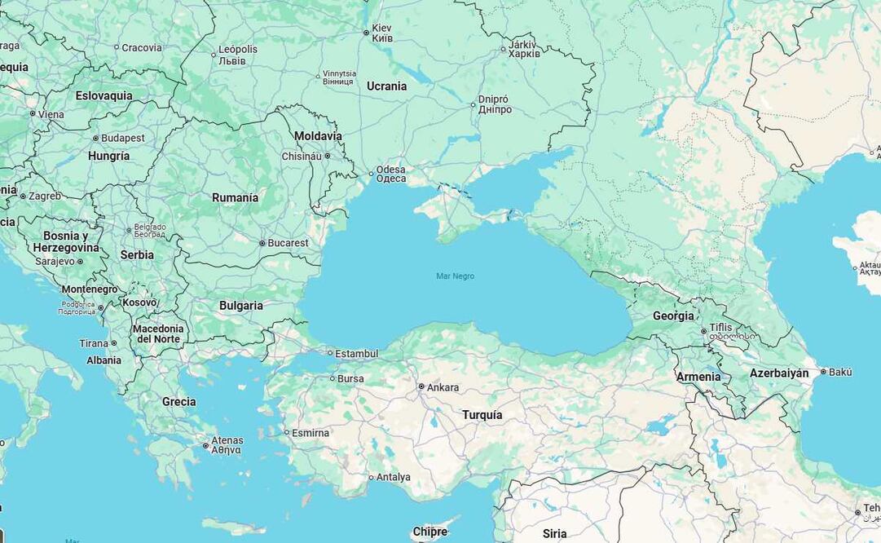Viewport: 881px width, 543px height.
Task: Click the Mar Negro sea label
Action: [455, 276]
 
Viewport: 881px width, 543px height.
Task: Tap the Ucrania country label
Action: [386, 86]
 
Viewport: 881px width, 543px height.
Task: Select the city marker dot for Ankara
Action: [421, 386]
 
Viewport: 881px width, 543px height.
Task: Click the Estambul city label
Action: [357, 353]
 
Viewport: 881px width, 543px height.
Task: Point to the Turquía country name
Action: [482, 415]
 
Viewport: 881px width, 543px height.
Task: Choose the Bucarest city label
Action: [289, 243]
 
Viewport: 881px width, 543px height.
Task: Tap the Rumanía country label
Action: [235, 197]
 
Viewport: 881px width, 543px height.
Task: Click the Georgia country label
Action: [673, 316]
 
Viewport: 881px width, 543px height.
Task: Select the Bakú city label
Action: [840, 372]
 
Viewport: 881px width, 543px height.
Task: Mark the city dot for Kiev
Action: [366, 33]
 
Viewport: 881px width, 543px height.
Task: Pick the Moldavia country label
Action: [318, 136]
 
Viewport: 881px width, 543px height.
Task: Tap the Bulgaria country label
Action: [240, 306]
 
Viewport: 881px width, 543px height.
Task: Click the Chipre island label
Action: [429, 532]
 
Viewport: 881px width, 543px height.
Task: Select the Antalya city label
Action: [394, 477]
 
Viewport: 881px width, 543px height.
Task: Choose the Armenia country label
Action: [698, 377]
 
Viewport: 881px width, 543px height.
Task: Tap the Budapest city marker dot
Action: [95, 139]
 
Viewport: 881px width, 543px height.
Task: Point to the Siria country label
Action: [554, 534]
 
